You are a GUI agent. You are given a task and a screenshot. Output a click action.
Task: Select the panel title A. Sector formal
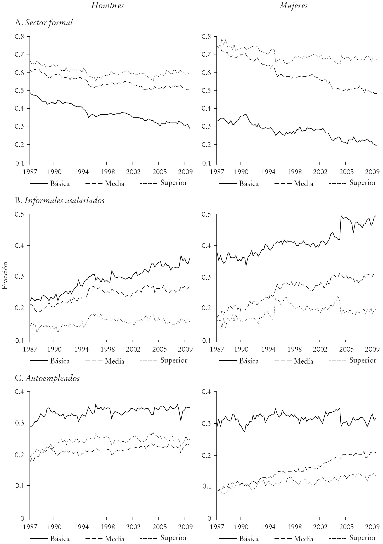pyautogui.click(x=44, y=23)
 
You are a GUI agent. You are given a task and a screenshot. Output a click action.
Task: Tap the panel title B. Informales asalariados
pyautogui.click(x=60, y=201)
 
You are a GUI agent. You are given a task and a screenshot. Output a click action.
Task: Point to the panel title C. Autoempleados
pyautogui.click(x=47, y=378)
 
